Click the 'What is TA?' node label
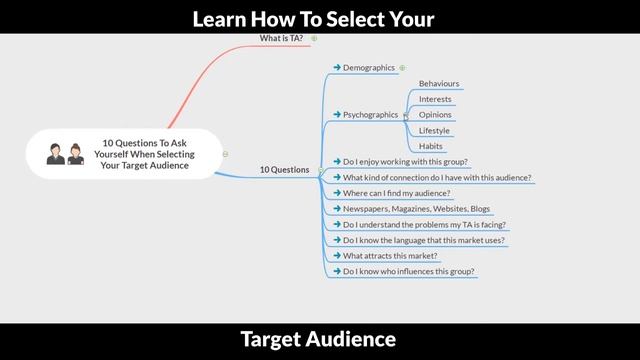tap(281, 38)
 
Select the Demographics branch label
tap(368, 68)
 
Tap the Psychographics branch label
tap(371, 115)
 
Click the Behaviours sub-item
tap(439, 84)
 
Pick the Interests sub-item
tap(435, 99)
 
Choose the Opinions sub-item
tap(435, 115)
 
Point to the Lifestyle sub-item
tap(434, 131)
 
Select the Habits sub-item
tap(431, 146)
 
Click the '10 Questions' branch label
tap(284, 170)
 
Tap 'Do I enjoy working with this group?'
tap(405, 161)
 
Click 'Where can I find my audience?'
tap(396, 193)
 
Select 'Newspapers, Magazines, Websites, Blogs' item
tap(416, 209)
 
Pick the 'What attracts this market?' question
tap(390, 256)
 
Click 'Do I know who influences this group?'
tap(409, 271)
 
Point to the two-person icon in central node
tap(64, 155)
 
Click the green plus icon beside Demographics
tap(402, 68)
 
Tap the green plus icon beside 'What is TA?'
tap(314, 38)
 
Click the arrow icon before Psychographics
tap(337, 115)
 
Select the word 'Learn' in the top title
tap(220, 18)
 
